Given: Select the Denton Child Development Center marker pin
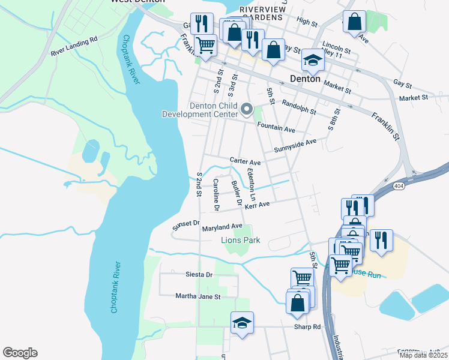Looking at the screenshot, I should point(247,109).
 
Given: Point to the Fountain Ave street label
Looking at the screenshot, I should point(276,129).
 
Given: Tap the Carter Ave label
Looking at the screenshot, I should point(245,162).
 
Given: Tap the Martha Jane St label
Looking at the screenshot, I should point(198,296).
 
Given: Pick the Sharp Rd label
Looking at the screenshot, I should point(307,327).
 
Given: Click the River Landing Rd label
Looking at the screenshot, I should point(74,41).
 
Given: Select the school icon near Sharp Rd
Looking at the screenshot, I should point(242,322).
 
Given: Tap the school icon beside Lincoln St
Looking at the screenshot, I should point(312,59).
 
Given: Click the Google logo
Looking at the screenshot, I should point(20,353).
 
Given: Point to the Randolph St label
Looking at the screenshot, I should point(298,107).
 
